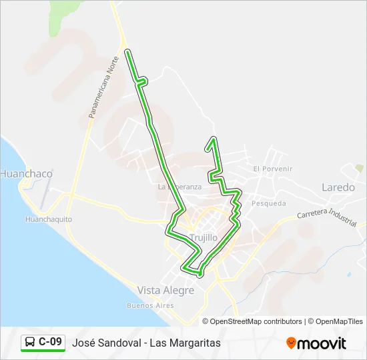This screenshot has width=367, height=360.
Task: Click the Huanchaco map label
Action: pos(26,173)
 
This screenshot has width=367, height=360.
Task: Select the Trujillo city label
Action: pos(204,237)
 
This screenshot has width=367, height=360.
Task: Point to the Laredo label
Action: pos(338,187)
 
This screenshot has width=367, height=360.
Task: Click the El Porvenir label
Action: pos(273,169)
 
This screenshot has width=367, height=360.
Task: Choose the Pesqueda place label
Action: pos(269,203)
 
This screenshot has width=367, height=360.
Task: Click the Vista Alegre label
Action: pos(165,290)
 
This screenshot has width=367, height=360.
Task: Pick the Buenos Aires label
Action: pos(150,305)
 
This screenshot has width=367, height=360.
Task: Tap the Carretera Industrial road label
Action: pos(327,217)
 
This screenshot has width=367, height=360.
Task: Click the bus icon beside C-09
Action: pos(30,343)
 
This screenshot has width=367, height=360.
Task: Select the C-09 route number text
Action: pos(51,343)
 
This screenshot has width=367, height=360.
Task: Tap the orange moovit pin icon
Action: pos(291,343)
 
